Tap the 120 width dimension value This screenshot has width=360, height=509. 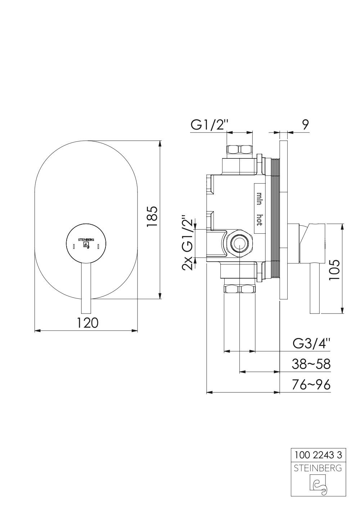tap(87, 323)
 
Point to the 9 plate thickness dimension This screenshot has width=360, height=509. tap(305, 125)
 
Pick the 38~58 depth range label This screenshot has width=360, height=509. tap(311, 364)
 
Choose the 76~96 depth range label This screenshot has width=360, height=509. tap(311, 385)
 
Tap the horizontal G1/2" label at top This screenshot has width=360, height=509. tap(210, 125)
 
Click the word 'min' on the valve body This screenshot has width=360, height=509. tap(258, 199)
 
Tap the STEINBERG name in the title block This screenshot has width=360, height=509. tap(318, 468)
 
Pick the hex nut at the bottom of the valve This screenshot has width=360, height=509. tap(239, 289)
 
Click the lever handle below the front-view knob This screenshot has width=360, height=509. tap(86, 288)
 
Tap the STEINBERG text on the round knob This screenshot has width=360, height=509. tap(86, 239)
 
